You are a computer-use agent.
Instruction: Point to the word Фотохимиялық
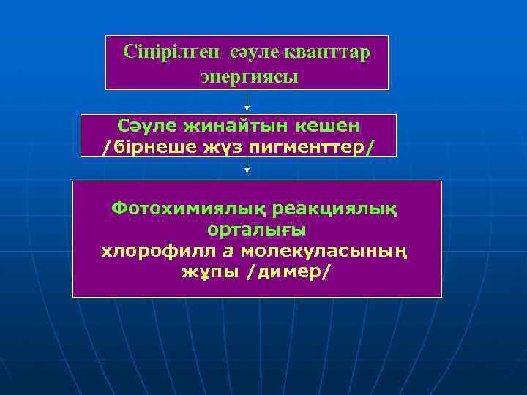tap(188, 208)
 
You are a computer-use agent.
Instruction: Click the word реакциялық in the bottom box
tap(336, 208)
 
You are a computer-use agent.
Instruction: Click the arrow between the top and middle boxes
tap(247, 102)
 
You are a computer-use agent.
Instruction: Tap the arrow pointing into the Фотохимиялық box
tap(247, 168)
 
